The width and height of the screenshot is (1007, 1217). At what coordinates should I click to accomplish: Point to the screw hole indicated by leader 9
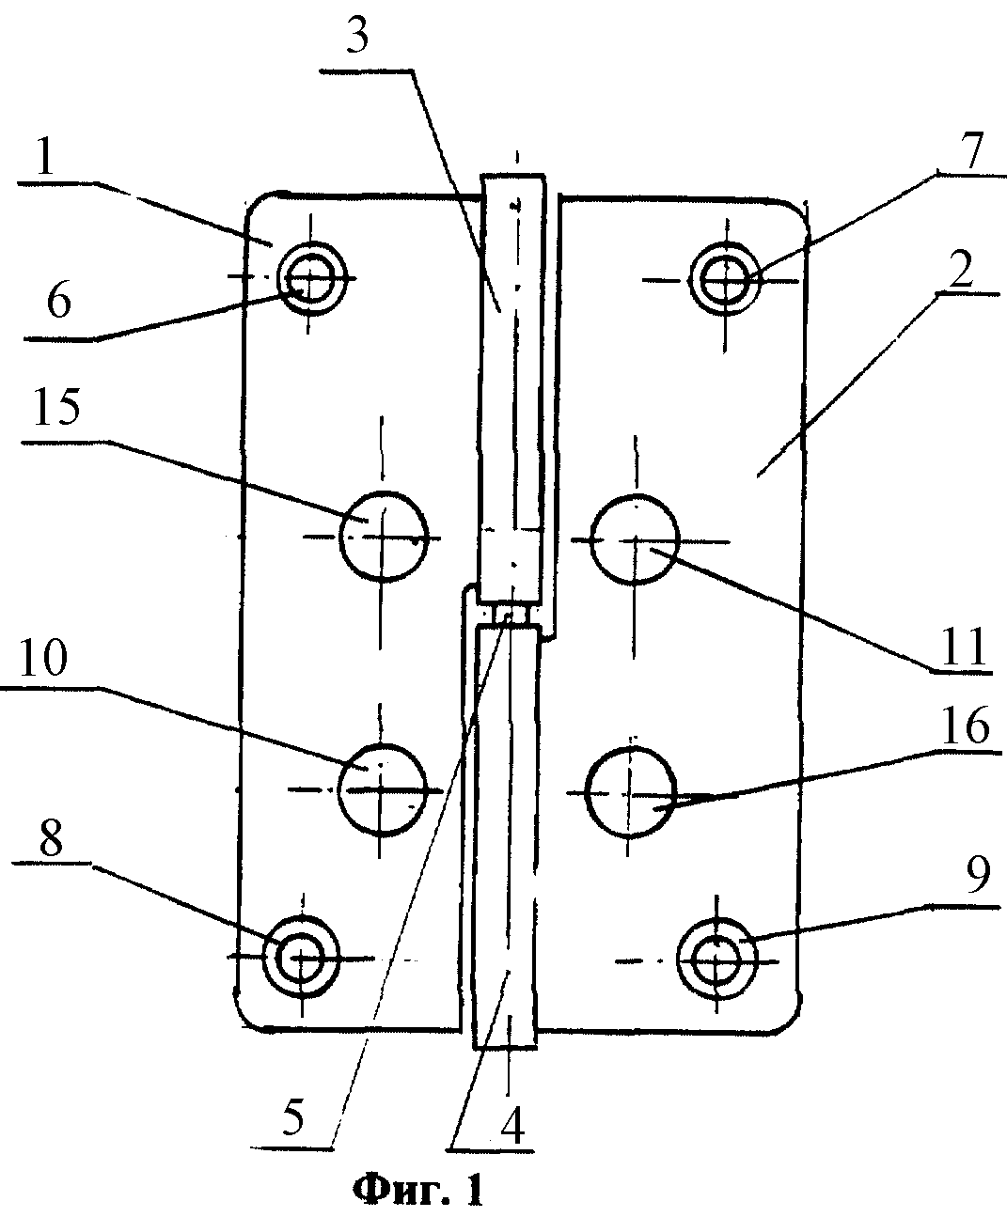coord(716,960)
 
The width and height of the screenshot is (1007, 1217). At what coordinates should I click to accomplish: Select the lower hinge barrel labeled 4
coord(506,836)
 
